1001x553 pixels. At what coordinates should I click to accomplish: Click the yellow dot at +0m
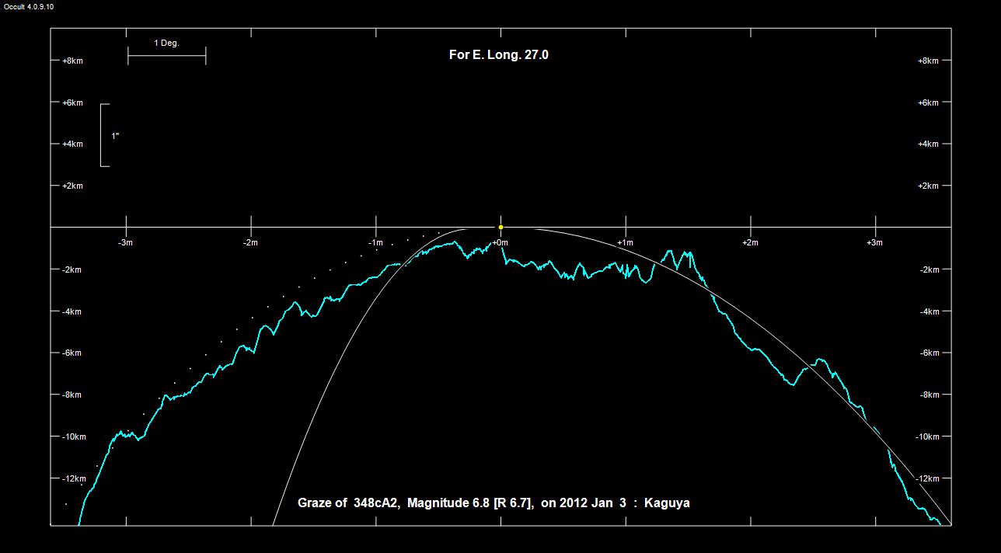click(500, 228)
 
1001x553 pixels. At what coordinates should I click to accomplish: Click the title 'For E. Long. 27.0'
click(499, 54)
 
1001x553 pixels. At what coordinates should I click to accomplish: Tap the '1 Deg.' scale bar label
click(166, 43)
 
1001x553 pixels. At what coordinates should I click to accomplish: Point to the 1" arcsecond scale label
click(115, 136)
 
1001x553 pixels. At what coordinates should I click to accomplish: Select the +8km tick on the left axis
click(72, 61)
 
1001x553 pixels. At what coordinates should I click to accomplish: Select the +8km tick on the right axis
click(929, 61)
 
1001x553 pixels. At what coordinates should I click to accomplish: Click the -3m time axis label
click(125, 242)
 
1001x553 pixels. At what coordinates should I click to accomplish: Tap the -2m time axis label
click(249, 242)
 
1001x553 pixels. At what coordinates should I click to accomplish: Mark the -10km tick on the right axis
click(929, 436)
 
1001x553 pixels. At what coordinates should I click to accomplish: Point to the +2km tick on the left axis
click(72, 186)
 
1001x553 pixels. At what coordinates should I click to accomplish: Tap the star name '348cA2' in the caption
click(376, 503)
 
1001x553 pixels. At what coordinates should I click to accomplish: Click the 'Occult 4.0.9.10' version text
click(29, 6)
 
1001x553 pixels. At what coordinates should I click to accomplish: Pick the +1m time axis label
click(626, 242)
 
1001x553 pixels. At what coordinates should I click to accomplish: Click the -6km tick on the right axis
click(929, 353)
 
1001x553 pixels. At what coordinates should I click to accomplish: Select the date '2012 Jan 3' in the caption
click(593, 503)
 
